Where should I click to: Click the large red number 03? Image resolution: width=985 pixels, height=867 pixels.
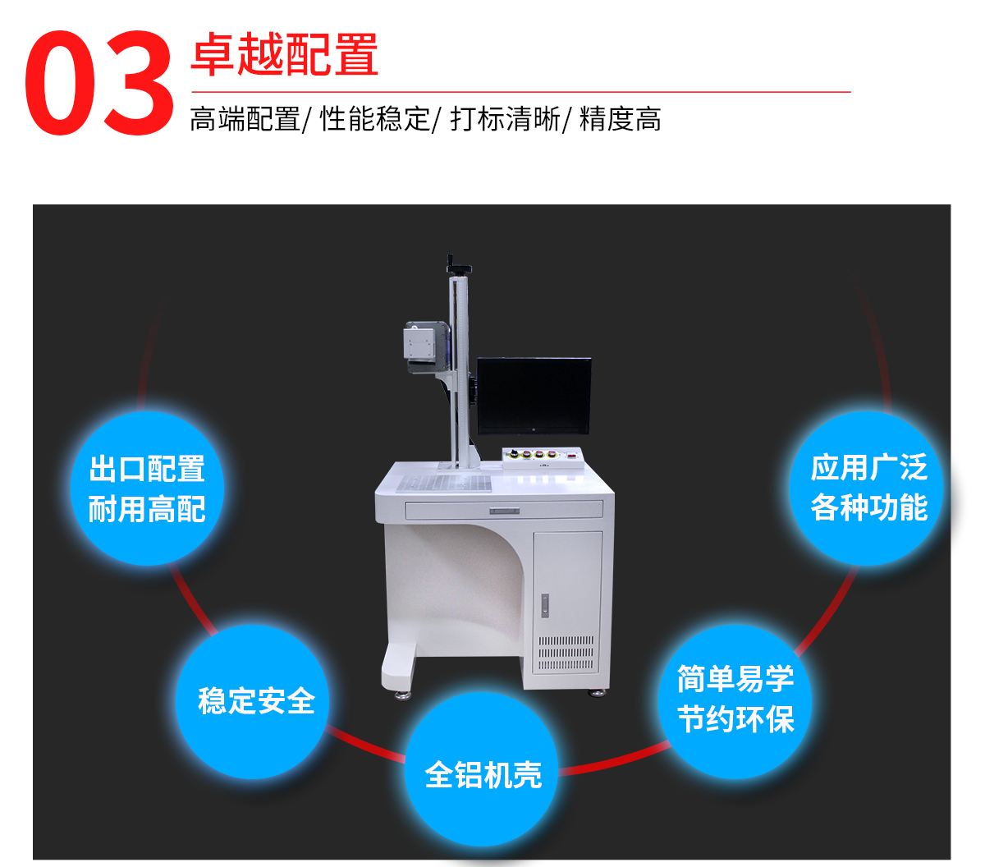pyautogui.click(x=98, y=83)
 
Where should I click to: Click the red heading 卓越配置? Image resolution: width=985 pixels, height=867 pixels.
pyautogui.click(x=284, y=54)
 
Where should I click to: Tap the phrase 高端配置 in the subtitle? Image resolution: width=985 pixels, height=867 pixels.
pyautogui.click(x=245, y=119)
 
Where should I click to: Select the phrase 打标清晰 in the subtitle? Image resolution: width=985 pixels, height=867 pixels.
pyautogui.click(x=505, y=119)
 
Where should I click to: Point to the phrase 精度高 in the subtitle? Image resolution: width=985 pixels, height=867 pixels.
pyautogui.click(x=621, y=119)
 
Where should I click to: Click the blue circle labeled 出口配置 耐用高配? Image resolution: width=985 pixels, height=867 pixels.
pyautogui.click(x=147, y=489)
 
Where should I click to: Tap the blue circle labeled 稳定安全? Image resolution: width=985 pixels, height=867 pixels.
pyautogui.click(x=252, y=701)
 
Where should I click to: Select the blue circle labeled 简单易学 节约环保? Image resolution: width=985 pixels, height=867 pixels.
pyautogui.click(x=735, y=701)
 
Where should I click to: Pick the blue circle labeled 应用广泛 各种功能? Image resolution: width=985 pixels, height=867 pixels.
pyautogui.click(x=866, y=489)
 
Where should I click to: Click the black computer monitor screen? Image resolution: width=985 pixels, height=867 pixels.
pyautogui.click(x=534, y=396)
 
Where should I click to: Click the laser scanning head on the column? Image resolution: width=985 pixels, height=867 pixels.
pyautogui.click(x=426, y=347)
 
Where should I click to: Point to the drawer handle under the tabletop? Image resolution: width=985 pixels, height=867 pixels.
pyautogui.click(x=504, y=511)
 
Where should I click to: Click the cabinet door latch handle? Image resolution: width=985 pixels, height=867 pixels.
pyautogui.click(x=544, y=606)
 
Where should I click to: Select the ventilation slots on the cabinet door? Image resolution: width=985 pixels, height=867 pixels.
pyautogui.click(x=566, y=653)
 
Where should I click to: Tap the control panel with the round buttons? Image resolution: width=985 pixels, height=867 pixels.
pyautogui.click(x=542, y=457)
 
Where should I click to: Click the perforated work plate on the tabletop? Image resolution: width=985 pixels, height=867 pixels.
pyautogui.click(x=444, y=483)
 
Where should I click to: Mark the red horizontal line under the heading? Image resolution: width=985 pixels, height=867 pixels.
pyautogui.click(x=521, y=91)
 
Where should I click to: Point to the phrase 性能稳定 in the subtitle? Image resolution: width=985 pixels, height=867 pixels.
pyautogui.click(x=374, y=119)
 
